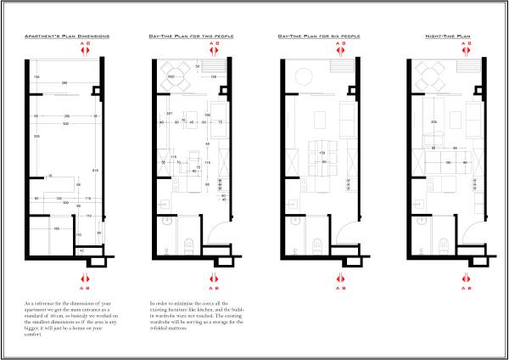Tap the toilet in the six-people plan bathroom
click(316, 246)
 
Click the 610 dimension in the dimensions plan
click(95, 172)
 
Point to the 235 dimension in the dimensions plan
click(36, 136)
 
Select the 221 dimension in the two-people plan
click(170, 115)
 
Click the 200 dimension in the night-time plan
click(433, 121)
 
